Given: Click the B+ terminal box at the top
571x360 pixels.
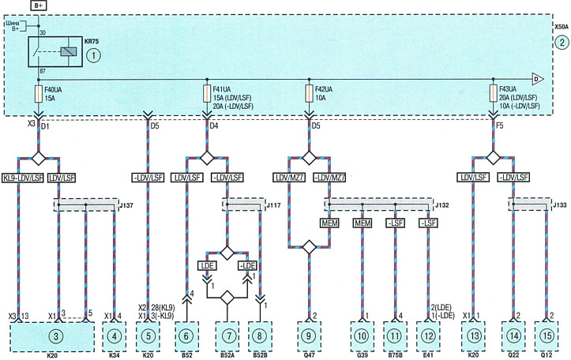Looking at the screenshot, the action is point(38,6).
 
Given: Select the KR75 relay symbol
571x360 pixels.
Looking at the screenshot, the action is point(55,51).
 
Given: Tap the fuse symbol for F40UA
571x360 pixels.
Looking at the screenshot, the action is point(38,94).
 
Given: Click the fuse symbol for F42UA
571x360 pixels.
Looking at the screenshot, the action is point(309,94).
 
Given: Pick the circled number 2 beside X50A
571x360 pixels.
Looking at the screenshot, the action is point(562,43).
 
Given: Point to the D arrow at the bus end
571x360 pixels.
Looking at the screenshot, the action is point(538,79).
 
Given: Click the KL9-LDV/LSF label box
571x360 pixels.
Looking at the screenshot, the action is point(23,178).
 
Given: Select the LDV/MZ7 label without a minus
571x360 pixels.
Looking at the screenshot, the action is point(289,178).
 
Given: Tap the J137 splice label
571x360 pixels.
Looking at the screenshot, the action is point(126,206).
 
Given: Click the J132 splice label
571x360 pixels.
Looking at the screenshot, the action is point(442,205).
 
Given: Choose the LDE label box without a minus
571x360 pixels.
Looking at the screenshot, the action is point(206,266).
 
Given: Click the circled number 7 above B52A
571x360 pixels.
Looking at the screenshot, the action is point(229,336).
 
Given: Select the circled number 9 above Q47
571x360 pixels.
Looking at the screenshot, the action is point(309,336).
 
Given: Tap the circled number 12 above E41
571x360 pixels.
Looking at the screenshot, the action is point(428,336).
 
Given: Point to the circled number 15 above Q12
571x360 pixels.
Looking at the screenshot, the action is point(547,336).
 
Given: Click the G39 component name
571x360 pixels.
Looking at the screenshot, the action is point(362,355).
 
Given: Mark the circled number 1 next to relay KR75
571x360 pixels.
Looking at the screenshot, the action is point(94,55).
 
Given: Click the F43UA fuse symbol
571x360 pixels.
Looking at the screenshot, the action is point(494,94).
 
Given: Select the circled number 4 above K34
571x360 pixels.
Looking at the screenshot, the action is point(115,336).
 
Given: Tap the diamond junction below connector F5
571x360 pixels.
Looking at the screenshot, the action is point(494,158).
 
